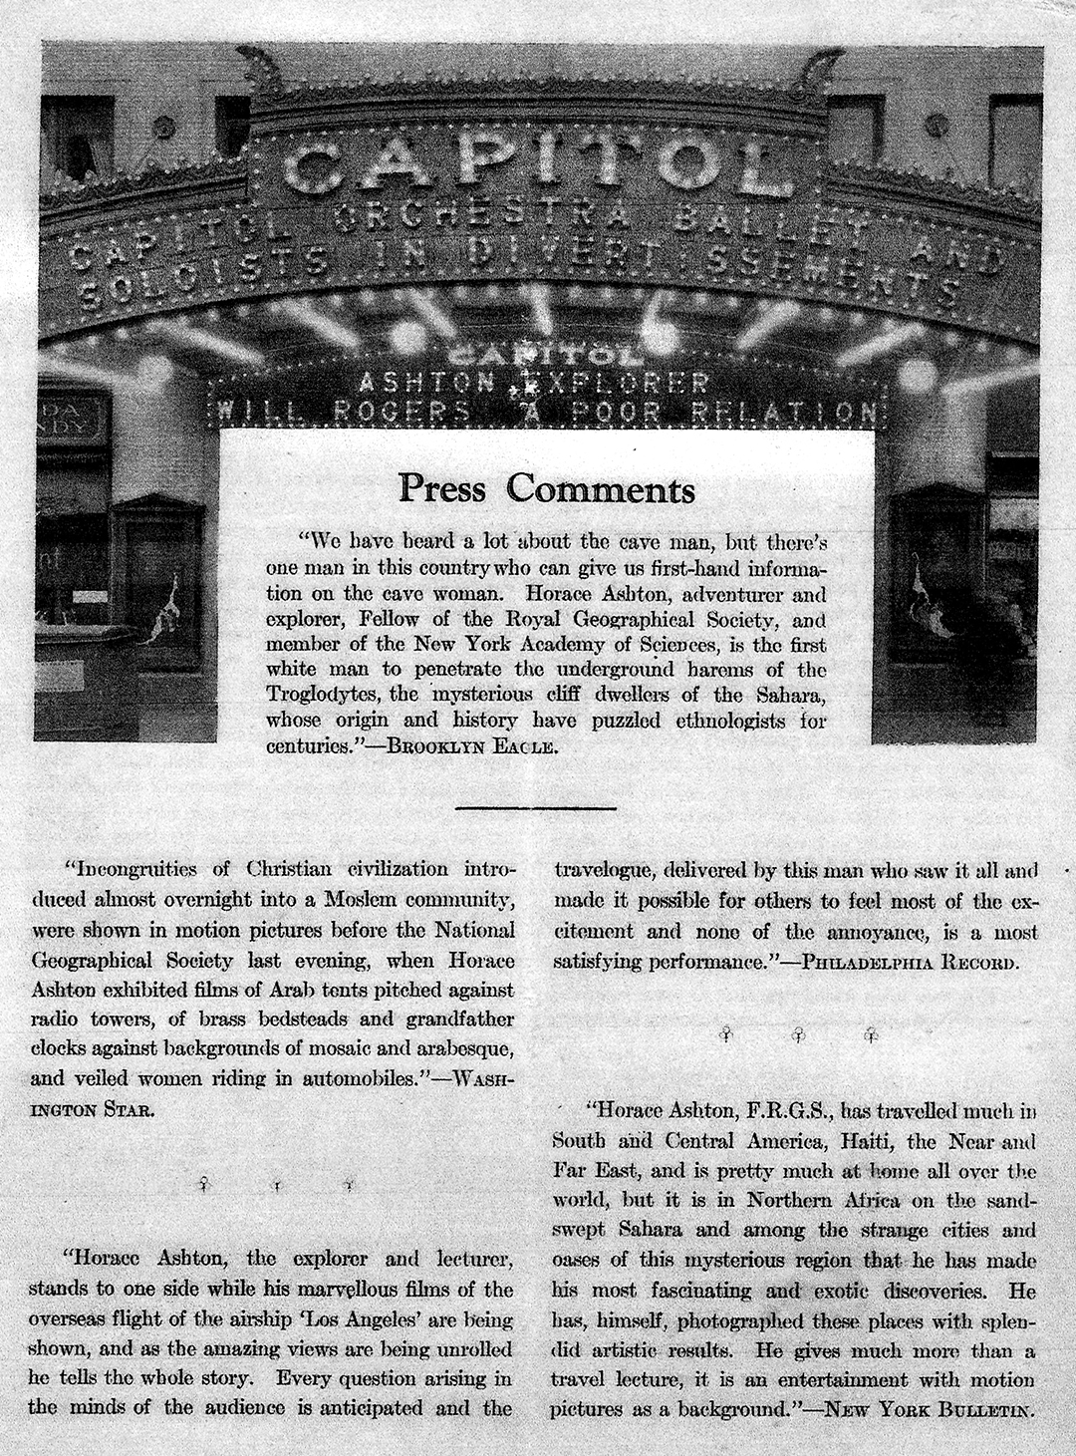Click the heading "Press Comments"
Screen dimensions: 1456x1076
click(546, 489)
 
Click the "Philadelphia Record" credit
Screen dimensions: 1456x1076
click(910, 964)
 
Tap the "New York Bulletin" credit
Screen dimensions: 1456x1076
click(929, 1410)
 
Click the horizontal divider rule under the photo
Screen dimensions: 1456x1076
click(536, 808)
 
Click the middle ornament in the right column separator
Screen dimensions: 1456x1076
click(796, 1035)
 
